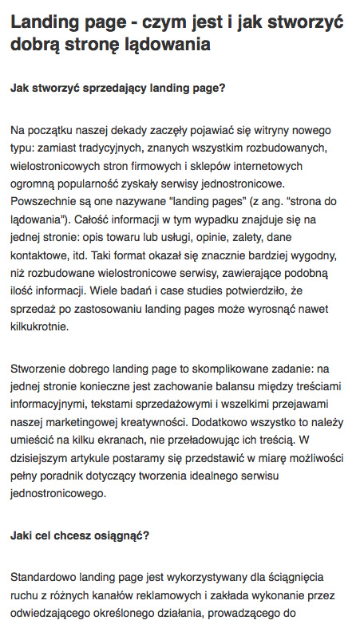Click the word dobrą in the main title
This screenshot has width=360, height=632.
tap(35, 45)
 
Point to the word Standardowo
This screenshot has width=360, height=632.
tap(46, 577)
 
